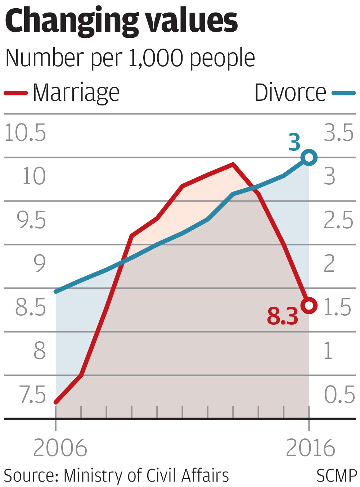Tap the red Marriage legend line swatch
[16, 93]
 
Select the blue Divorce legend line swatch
[343, 93]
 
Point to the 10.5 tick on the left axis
[25, 133]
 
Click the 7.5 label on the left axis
[33, 395]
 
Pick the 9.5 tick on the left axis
[31, 220]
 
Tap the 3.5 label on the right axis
[339, 133]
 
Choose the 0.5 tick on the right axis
[339, 395]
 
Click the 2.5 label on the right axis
[339, 220]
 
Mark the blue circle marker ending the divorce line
[309, 157]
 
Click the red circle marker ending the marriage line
[309, 306]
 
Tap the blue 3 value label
[294, 143]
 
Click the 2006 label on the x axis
[60, 448]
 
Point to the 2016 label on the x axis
[310, 448]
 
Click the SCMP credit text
[337, 476]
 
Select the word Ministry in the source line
[94, 476]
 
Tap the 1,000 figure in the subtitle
[156, 58]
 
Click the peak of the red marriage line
[233, 164]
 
